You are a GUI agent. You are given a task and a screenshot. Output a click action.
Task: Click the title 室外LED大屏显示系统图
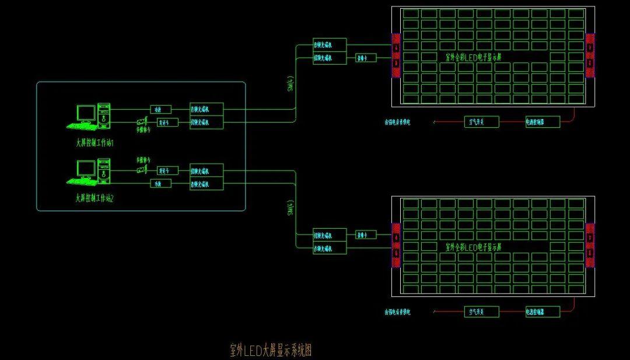[271, 350]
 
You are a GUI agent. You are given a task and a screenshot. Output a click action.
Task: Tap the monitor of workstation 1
[86, 113]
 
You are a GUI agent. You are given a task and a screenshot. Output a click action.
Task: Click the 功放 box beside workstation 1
[160, 109]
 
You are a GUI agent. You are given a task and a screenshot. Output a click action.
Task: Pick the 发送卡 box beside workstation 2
[167, 170]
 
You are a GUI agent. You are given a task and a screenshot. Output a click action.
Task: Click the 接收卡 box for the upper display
[366, 58]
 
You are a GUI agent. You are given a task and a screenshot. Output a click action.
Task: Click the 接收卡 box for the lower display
[366, 235]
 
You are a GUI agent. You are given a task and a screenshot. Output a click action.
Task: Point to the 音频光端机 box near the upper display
[330, 44]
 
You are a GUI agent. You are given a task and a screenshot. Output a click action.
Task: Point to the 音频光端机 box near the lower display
[330, 249]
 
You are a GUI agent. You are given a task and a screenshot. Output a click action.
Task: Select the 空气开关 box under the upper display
[482, 122]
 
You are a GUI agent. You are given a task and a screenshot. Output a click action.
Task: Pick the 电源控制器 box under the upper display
[542, 122]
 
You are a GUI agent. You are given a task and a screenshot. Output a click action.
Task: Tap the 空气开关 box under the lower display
[482, 312]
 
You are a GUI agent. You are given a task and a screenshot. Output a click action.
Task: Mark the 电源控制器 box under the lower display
[542, 312]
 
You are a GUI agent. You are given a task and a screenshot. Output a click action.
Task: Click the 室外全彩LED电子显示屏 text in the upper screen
[473, 57]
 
